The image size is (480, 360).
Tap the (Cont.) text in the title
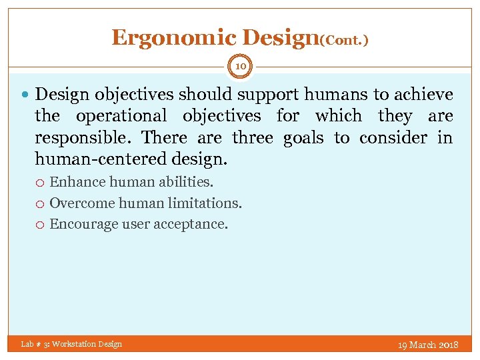point(344,40)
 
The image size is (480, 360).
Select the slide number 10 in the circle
point(240,66)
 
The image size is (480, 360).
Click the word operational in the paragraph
point(122,116)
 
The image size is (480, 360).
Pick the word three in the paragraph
point(253,138)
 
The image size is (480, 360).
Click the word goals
point(305,138)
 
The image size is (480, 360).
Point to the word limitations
point(208,203)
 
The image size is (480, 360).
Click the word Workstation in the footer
point(73,344)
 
